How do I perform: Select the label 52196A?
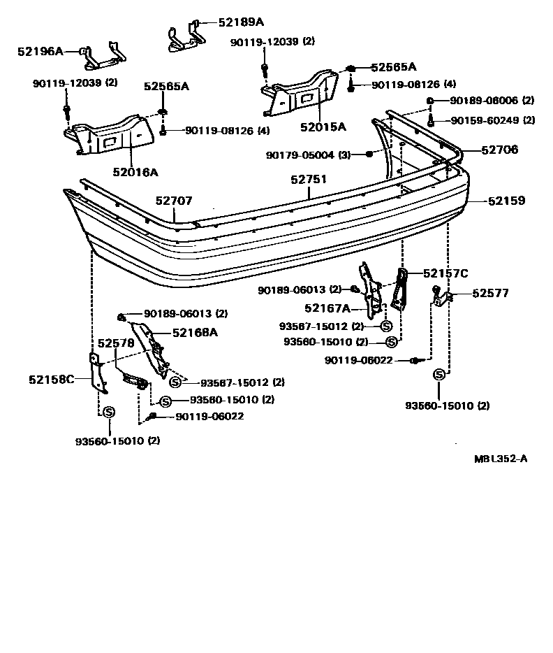click(x=40, y=51)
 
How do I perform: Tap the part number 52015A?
click(x=323, y=127)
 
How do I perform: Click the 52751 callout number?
click(x=309, y=180)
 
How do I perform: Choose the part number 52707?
click(x=173, y=201)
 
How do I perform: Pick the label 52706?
click(x=499, y=150)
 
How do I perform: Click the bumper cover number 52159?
click(x=506, y=201)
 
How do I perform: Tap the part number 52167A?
click(x=327, y=307)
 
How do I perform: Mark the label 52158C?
click(x=51, y=380)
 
